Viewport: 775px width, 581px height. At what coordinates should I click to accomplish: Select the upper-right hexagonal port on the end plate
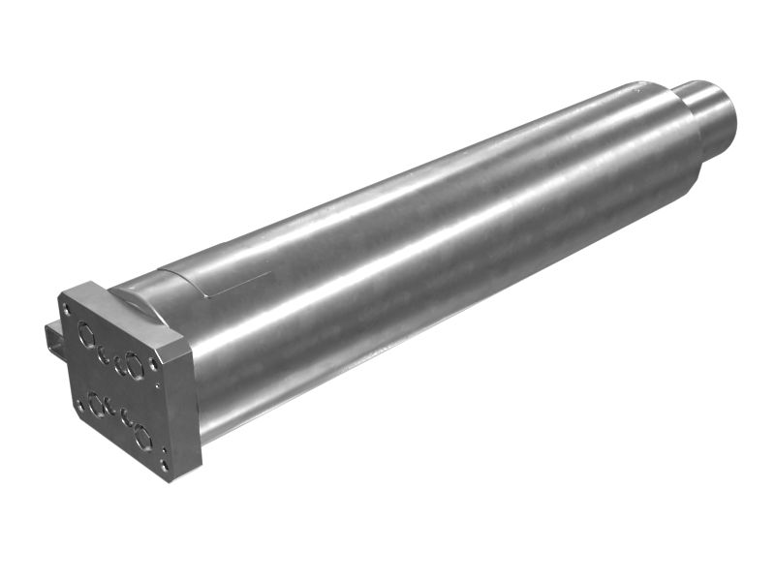[135, 365]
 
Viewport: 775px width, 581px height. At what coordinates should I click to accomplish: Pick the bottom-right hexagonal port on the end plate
[143, 437]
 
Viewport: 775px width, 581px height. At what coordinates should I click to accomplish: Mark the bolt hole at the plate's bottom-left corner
[78, 405]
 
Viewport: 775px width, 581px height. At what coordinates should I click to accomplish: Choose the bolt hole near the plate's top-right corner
[153, 364]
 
